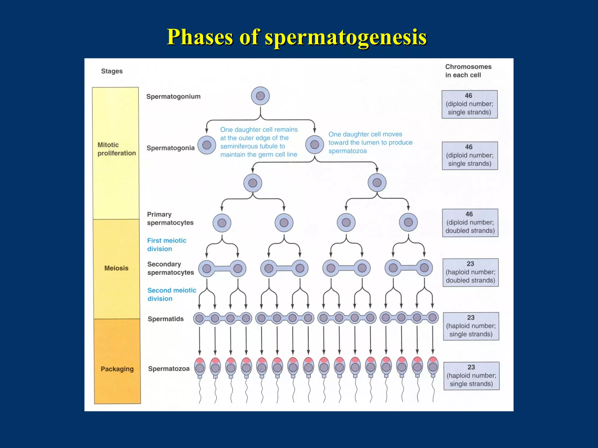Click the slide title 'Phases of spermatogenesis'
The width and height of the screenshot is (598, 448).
[x=296, y=37]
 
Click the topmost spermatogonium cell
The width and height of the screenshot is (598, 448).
[x=260, y=96]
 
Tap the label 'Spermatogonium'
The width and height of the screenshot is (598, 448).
[x=173, y=97]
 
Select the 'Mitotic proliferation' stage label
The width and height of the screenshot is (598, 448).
[x=117, y=149]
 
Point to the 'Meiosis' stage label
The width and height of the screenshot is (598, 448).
[x=116, y=268]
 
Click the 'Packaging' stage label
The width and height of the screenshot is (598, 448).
[x=117, y=369]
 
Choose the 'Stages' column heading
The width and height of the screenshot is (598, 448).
[x=112, y=71]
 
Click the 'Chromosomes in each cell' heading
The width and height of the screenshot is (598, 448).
[x=468, y=71]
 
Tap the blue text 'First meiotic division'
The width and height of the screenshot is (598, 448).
[x=166, y=245]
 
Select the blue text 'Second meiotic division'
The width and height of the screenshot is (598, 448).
[x=172, y=294]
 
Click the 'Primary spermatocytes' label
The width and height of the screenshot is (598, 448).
[x=170, y=218]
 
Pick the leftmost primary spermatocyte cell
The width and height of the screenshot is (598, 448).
[x=222, y=223]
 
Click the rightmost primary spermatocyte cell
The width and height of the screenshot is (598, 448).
[x=408, y=222]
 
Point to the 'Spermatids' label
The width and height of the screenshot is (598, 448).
[x=166, y=319]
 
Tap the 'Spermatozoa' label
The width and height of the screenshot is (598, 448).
[x=169, y=369]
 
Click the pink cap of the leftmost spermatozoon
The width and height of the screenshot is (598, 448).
[x=200, y=360]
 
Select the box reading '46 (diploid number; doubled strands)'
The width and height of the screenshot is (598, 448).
[x=470, y=223]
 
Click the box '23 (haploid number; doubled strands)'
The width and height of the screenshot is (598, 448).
[x=470, y=272]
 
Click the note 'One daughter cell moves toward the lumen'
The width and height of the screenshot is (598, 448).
[x=370, y=142]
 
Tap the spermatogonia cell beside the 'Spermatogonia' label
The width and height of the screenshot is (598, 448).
[x=207, y=145]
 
